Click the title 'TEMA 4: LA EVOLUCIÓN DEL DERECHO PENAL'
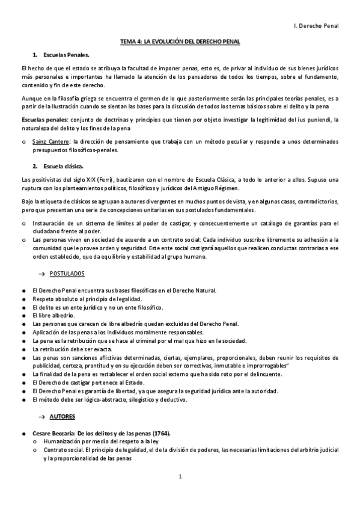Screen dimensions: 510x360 click(x=180, y=41)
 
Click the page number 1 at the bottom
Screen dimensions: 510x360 click(x=180, y=477)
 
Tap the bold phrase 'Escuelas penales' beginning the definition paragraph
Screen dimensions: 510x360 click(x=43, y=120)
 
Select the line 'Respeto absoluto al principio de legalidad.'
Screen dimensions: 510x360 click(x=87, y=298)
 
